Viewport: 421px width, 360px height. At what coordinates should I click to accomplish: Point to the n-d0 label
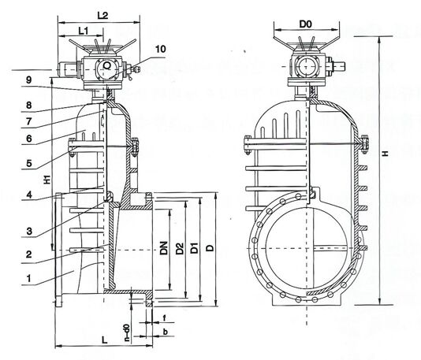126,329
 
